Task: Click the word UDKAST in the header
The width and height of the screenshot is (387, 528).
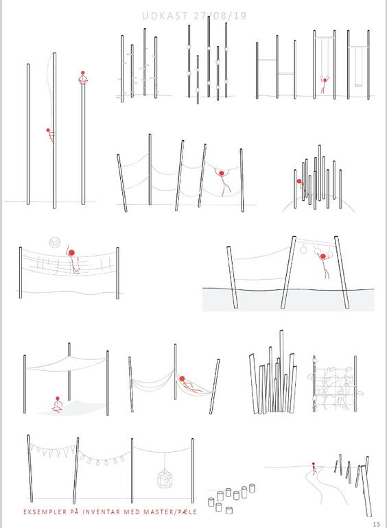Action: [165, 16]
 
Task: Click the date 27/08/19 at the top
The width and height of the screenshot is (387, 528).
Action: [220, 16]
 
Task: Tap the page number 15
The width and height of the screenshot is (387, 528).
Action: [376, 524]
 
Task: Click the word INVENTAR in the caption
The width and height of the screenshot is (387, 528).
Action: [101, 512]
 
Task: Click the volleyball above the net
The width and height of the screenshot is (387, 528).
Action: [55, 242]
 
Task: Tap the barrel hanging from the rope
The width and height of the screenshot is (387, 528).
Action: [165, 479]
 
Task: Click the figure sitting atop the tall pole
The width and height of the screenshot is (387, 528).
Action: [83, 77]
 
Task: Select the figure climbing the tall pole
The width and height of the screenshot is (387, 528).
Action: [51, 136]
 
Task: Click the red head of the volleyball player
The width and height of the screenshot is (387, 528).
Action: [71, 252]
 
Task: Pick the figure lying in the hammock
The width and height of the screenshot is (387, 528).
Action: [189, 385]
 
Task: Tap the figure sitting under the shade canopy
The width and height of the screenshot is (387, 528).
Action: [57, 405]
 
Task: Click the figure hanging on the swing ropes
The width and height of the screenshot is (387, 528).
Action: [324, 84]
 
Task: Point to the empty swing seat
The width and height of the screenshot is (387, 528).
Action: [358, 86]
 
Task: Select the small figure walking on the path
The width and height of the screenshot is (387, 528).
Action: [314, 468]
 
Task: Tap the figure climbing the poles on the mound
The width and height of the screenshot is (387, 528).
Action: [302, 187]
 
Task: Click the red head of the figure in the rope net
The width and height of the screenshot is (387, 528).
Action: [221, 173]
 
